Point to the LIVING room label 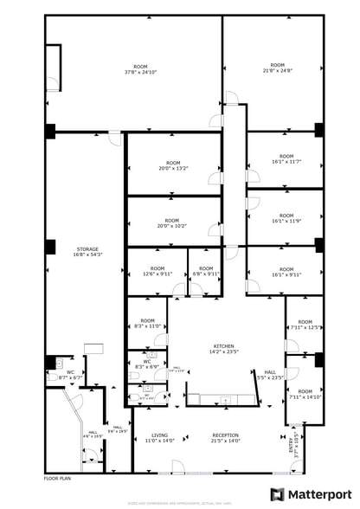point(160,438)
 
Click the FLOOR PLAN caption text point(57,478)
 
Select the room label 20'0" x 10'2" point(172,223)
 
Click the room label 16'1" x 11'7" point(285,162)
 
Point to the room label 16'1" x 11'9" point(285,220)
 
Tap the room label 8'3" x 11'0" point(146,324)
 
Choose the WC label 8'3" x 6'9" point(147,364)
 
